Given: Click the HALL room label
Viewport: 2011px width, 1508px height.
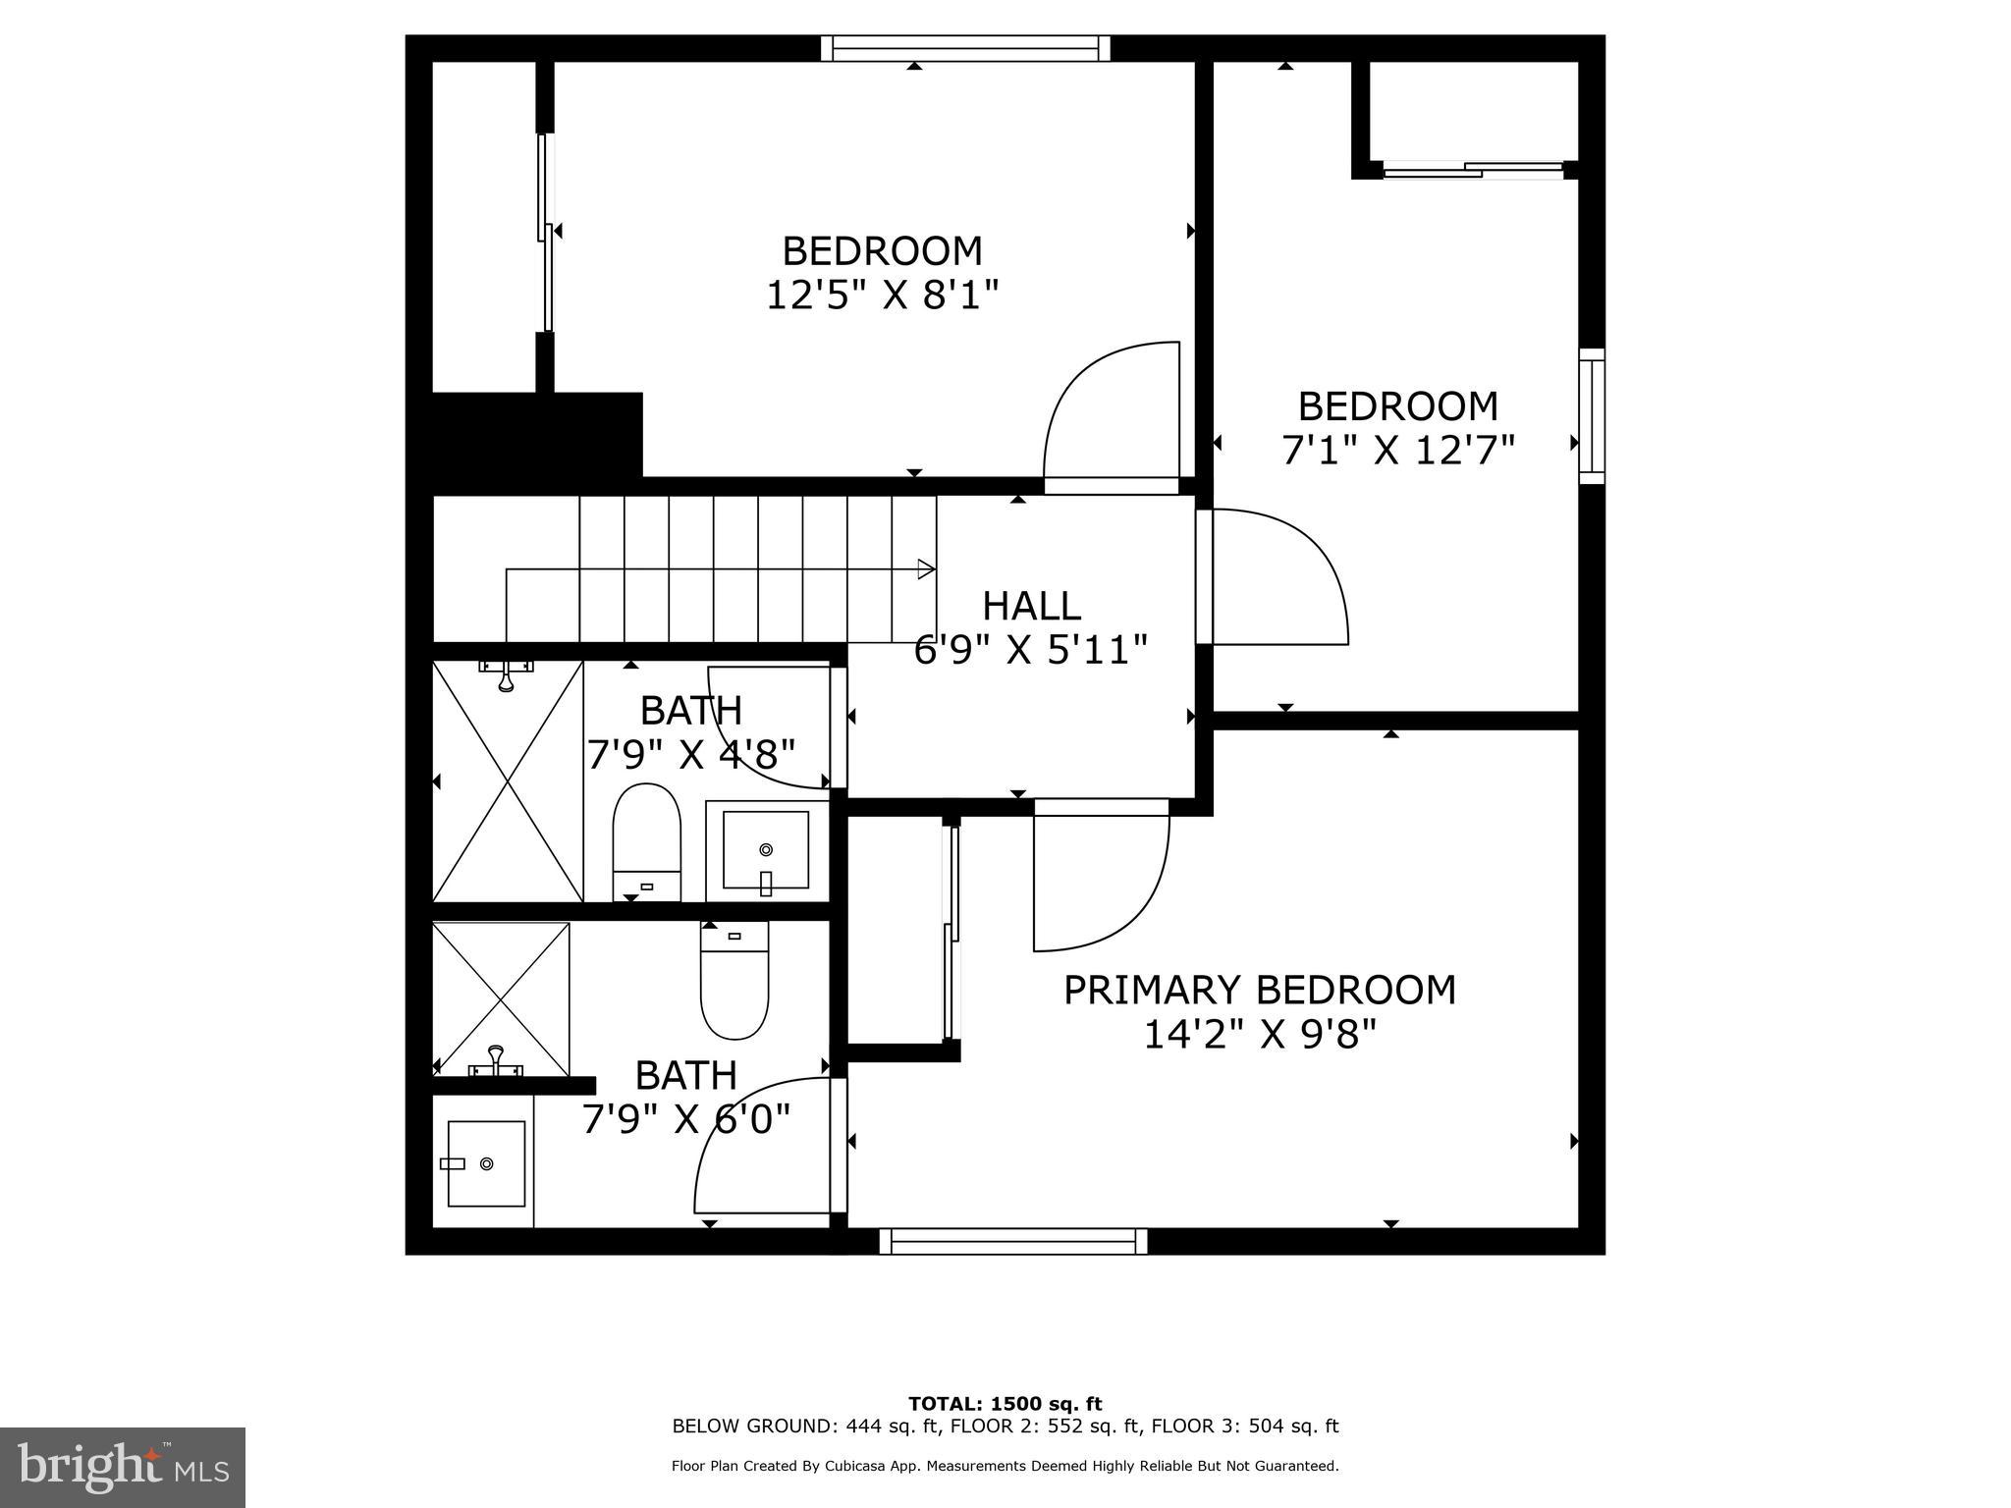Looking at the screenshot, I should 1031,606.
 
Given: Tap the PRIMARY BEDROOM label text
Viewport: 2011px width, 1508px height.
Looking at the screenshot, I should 1260,990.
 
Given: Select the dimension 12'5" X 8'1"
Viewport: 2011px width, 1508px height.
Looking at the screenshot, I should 882,295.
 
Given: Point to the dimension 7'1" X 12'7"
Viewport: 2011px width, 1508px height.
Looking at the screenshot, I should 1397,450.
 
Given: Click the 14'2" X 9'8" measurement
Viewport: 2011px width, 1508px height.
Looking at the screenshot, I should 1260,1034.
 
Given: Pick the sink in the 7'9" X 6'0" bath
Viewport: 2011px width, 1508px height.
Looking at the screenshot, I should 485,1163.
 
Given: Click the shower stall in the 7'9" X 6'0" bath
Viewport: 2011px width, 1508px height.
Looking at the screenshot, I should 501,998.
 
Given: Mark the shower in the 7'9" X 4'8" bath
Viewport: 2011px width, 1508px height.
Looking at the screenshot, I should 508,781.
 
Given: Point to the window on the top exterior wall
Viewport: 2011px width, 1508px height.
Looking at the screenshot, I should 965,48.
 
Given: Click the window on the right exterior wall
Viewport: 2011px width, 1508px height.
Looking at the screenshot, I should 1591,416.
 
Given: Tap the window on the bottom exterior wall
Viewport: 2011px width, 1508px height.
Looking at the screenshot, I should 1012,1241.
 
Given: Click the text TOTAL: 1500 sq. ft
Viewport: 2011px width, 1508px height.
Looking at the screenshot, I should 1005,1404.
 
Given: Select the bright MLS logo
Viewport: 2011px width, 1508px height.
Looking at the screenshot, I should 123,1468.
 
